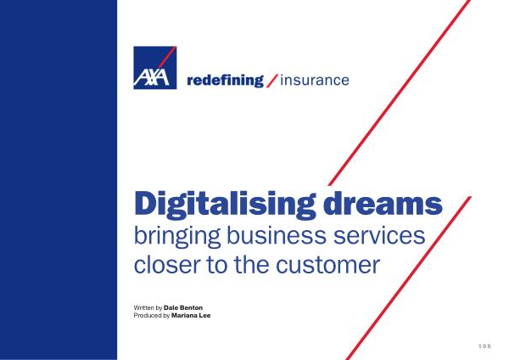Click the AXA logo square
[x=155, y=68]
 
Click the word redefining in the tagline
[x=225, y=81]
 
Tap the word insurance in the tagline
[x=315, y=81]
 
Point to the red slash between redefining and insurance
[x=272, y=81]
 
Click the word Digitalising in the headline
[x=225, y=205]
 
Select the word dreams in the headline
[x=383, y=203]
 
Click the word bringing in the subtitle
[x=177, y=237]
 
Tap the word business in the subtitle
[x=277, y=235]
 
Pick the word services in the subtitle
[x=379, y=235]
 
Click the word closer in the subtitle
[x=166, y=265]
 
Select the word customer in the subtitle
[x=327, y=265]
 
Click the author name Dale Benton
[x=183, y=307]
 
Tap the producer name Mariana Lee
[x=191, y=315]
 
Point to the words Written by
[x=148, y=307]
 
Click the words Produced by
[x=152, y=316]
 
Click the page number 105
[x=484, y=346]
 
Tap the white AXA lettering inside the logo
[x=151, y=77]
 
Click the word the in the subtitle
[x=252, y=265]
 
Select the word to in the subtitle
[x=217, y=266]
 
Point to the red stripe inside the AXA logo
[x=167, y=57]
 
